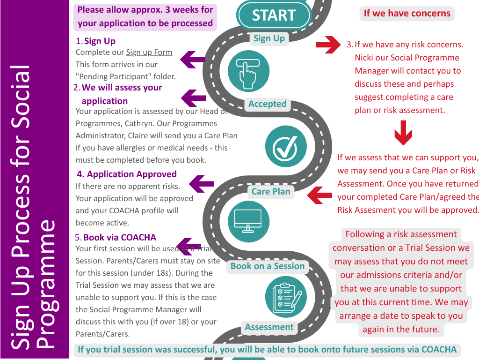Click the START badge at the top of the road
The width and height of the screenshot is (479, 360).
274,15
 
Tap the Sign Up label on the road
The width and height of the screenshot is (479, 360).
269,38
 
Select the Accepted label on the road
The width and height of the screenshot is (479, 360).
267,104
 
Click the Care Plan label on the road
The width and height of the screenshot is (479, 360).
271,192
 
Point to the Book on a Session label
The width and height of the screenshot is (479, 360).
268,266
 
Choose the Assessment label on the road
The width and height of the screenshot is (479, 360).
269,327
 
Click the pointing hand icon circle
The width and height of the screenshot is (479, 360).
248,71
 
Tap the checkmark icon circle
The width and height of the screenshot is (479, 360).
286,146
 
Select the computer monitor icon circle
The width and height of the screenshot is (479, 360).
248,222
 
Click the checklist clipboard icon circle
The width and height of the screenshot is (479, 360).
286,297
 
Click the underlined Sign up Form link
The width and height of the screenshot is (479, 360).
149,52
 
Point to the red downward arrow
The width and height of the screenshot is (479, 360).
403,133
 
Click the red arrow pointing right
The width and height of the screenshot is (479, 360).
328,45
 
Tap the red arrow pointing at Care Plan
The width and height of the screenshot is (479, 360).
319,195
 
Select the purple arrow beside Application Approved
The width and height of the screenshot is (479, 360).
201,184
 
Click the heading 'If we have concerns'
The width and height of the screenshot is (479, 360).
407,14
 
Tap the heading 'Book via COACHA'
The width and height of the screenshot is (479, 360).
119,238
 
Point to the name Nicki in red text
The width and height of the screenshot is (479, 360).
363,58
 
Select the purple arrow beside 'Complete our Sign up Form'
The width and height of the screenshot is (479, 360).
192,60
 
